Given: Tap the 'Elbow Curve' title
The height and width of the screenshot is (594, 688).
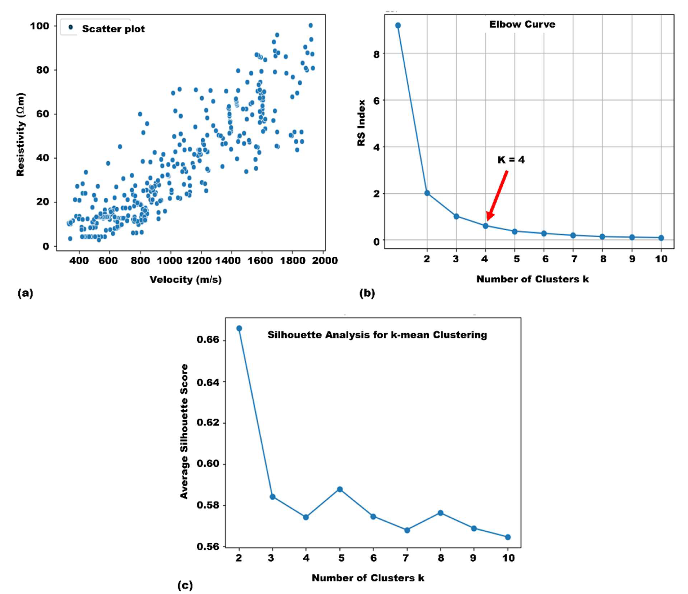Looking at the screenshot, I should pos(522,24).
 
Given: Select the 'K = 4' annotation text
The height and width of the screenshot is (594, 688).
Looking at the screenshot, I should pos(511,160).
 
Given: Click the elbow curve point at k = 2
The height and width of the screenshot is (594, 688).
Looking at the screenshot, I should pos(427,193).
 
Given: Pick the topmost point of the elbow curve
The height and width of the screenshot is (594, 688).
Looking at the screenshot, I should pos(398,25).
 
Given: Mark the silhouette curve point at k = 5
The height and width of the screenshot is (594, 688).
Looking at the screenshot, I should pos(340,489).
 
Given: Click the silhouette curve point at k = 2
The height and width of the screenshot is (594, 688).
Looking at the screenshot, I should pos(239,328).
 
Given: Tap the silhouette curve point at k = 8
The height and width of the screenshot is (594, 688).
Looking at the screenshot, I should pos(441,513).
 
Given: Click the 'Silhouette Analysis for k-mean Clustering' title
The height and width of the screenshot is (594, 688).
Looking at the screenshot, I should pos(377,335).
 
